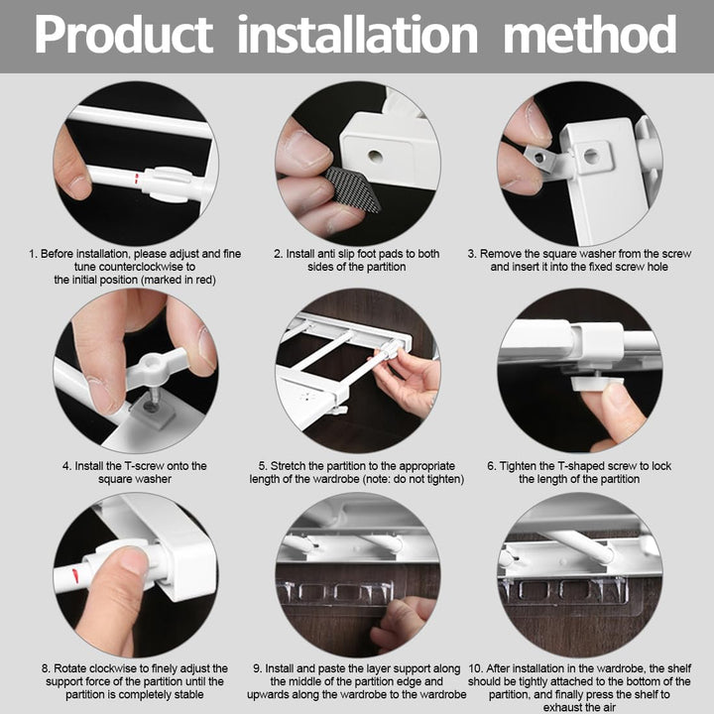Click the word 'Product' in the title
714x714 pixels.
(124, 35)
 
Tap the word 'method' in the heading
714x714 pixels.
(590, 34)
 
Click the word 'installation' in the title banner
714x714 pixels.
(358, 34)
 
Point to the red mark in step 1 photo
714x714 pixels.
(136, 178)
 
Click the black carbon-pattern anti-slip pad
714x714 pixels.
(353, 189)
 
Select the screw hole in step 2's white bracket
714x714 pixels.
(375, 157)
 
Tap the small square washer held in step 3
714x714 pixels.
(540, 158)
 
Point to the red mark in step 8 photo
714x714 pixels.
(75, 575)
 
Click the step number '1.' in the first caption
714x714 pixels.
(34, 254)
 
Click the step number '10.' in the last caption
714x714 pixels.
(476, 668)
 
